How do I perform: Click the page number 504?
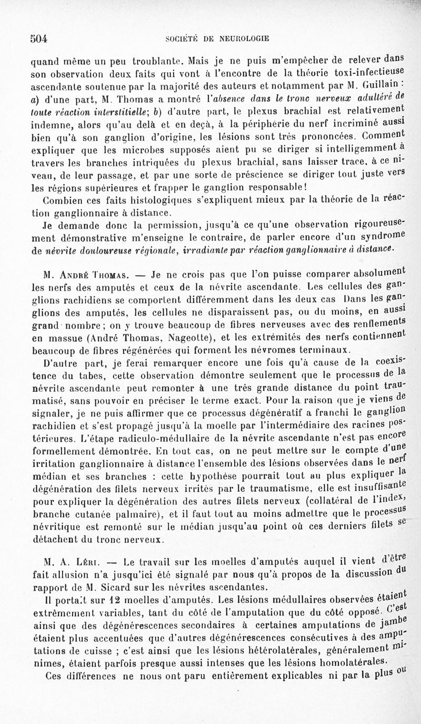(38, 38)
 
